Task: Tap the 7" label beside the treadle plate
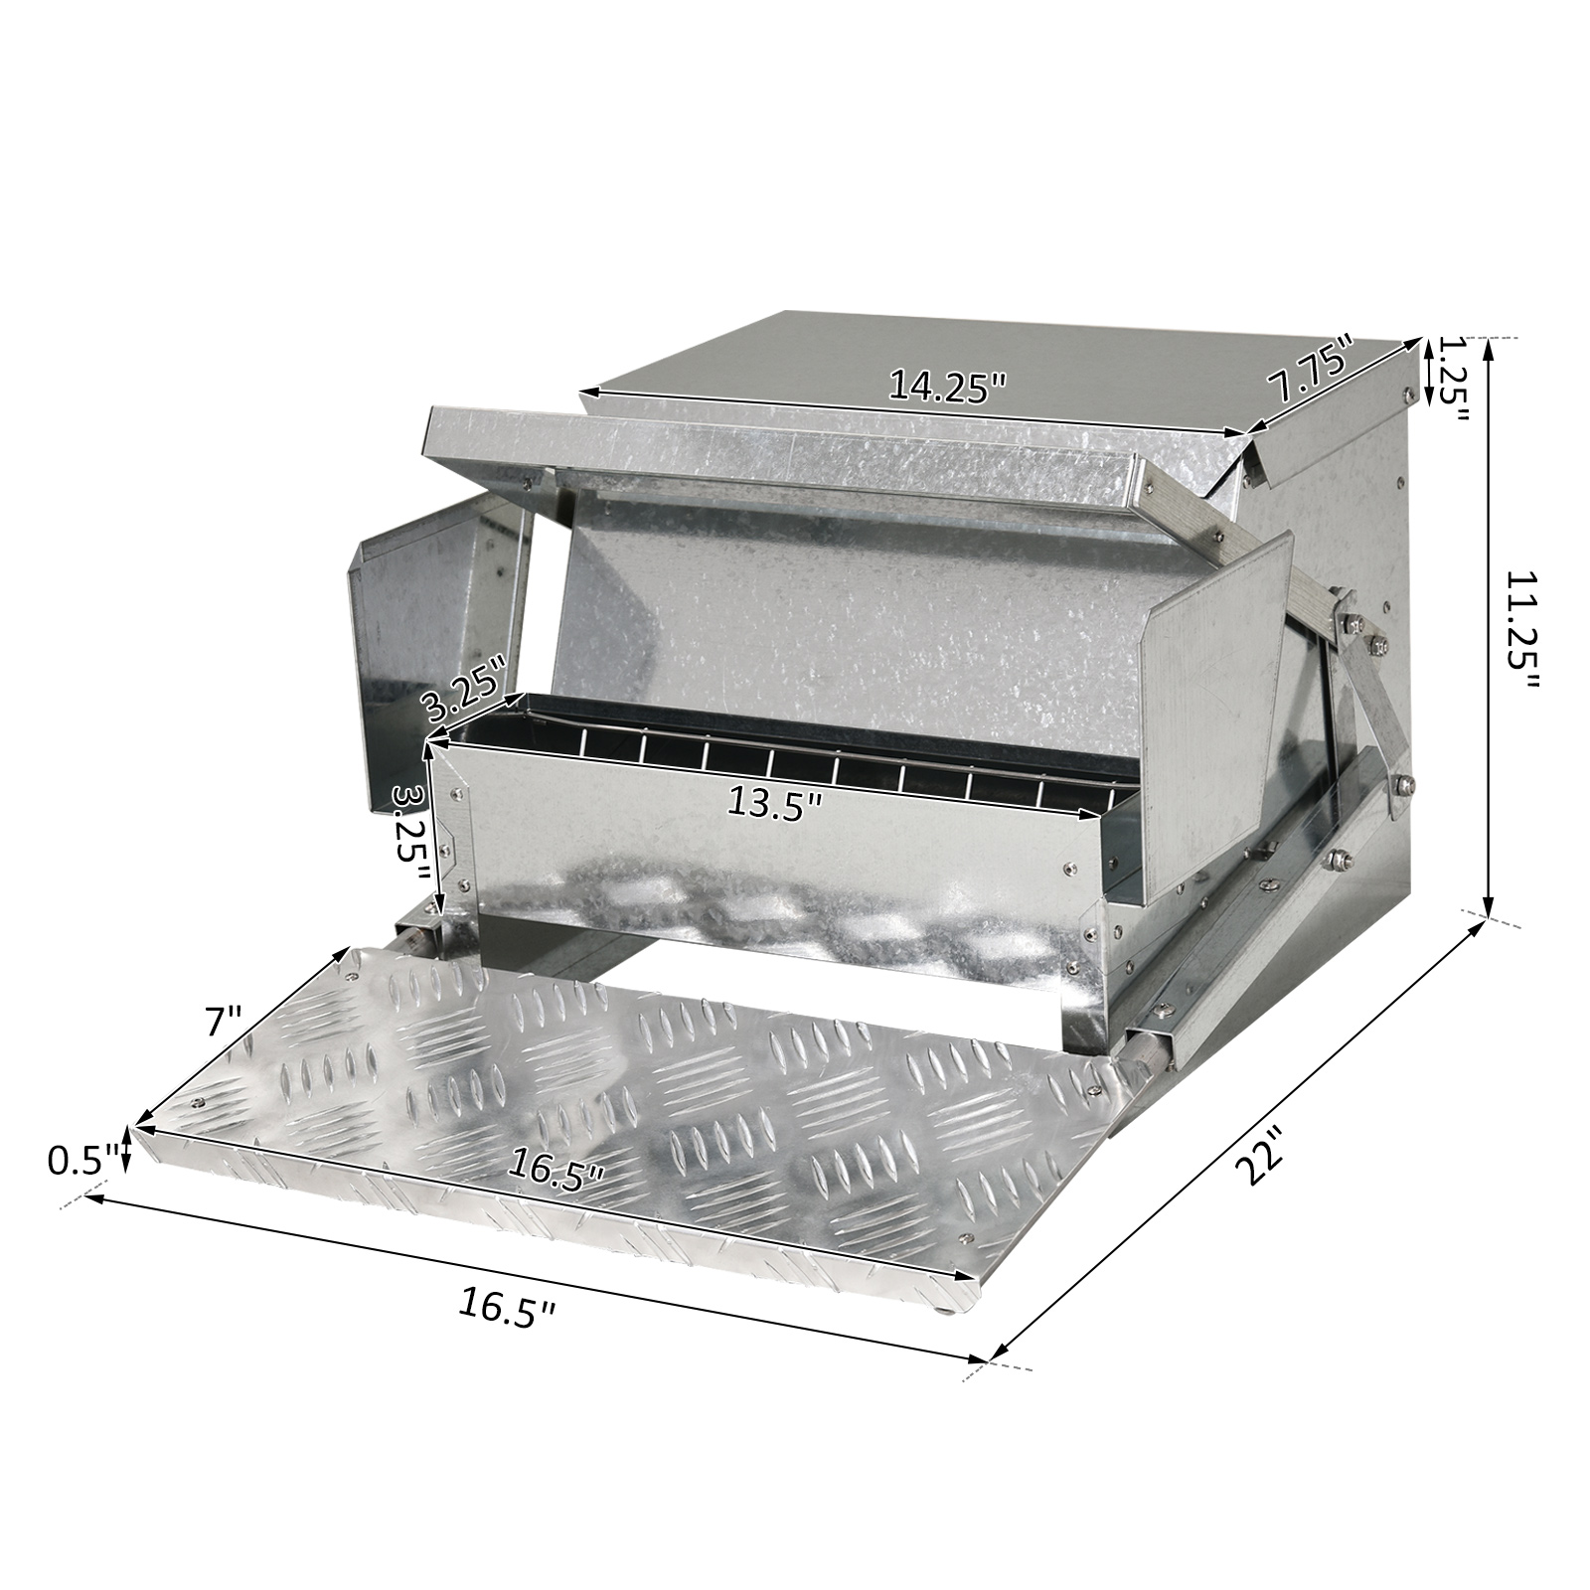pyautogui.click(x=220, y=1020)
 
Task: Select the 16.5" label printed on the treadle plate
pyautogui.click(x=556, y=1166)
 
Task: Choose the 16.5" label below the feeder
pyautogui.click(x=506, y=1305)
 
